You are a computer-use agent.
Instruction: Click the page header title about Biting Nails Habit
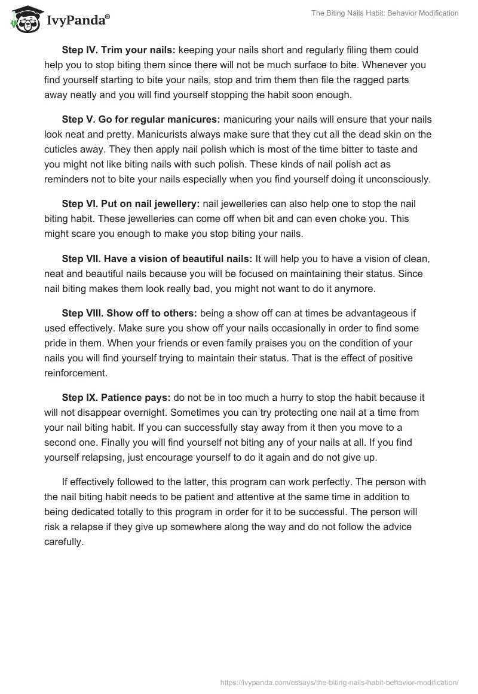pos(385,13)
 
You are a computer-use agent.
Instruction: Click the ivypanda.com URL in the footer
pos(339,681)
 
